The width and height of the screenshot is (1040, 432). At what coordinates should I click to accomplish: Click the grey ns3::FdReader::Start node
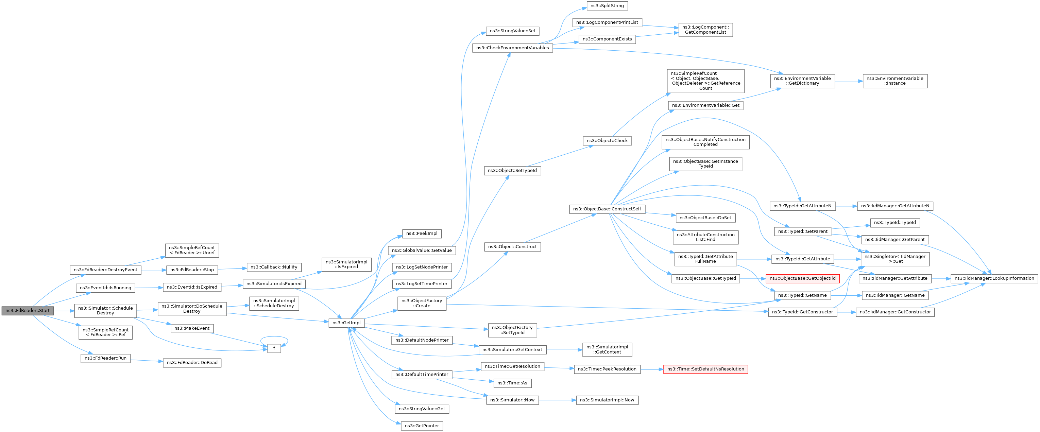[28, 310]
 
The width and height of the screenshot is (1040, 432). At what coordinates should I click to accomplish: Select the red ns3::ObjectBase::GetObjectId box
[803, 278]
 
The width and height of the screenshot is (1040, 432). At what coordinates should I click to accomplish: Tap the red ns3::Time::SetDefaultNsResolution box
[705, 369]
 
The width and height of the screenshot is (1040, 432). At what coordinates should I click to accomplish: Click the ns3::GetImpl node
[346, 323]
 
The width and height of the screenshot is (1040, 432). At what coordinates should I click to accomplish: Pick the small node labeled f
[274, 348]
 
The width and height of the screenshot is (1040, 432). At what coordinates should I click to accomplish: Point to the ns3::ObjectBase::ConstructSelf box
[607, 209]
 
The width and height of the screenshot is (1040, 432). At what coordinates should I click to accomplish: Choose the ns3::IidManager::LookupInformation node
[994, 278]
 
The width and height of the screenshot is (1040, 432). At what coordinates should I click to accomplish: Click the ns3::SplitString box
[607, 6]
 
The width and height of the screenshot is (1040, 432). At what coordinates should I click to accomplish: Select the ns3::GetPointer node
[422, 426]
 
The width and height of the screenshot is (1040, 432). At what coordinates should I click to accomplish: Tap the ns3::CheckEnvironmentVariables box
[512, 48]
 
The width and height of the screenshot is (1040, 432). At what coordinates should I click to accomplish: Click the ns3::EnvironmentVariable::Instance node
[895, 81]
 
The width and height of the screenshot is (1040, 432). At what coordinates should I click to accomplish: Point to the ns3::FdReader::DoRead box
[192, 363]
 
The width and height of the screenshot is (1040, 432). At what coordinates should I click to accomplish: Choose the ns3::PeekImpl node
[422, 234]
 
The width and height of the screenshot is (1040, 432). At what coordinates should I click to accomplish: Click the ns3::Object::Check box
[607, 140]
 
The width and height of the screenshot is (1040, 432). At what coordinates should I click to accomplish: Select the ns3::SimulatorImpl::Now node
[607, 400]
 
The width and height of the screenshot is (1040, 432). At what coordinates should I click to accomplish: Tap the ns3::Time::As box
[512, 383]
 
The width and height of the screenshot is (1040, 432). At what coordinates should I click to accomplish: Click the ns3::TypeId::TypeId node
[895, 223]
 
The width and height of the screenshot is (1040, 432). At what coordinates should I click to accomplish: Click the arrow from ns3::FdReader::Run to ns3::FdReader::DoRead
[147, 361]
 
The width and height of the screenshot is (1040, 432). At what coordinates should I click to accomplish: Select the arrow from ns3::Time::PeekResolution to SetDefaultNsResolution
[652, 369]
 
